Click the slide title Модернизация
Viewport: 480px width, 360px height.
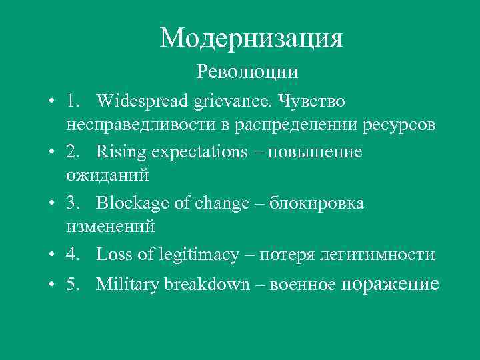click(251, 38)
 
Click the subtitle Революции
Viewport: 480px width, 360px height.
click(247, 70)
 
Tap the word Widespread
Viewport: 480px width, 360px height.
click(142, 101)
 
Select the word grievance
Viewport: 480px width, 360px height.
click(233, 101)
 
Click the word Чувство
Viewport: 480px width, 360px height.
click(312, 101)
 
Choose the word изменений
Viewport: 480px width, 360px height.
click(110, 227)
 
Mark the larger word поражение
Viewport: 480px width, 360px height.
click(390, 284)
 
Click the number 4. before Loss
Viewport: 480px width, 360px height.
click(73, 255)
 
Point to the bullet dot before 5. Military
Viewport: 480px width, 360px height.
click(51, 285)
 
